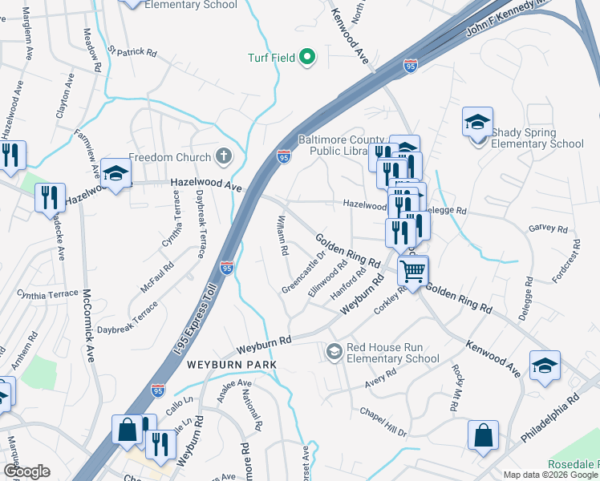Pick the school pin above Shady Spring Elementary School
(477, 123)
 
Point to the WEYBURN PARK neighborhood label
(232, 365)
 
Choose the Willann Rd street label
(282, 234)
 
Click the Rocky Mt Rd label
(456, 388)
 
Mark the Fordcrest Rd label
(565, 259)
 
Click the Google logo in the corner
(26, 471)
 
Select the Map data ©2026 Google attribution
(550, 475)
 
